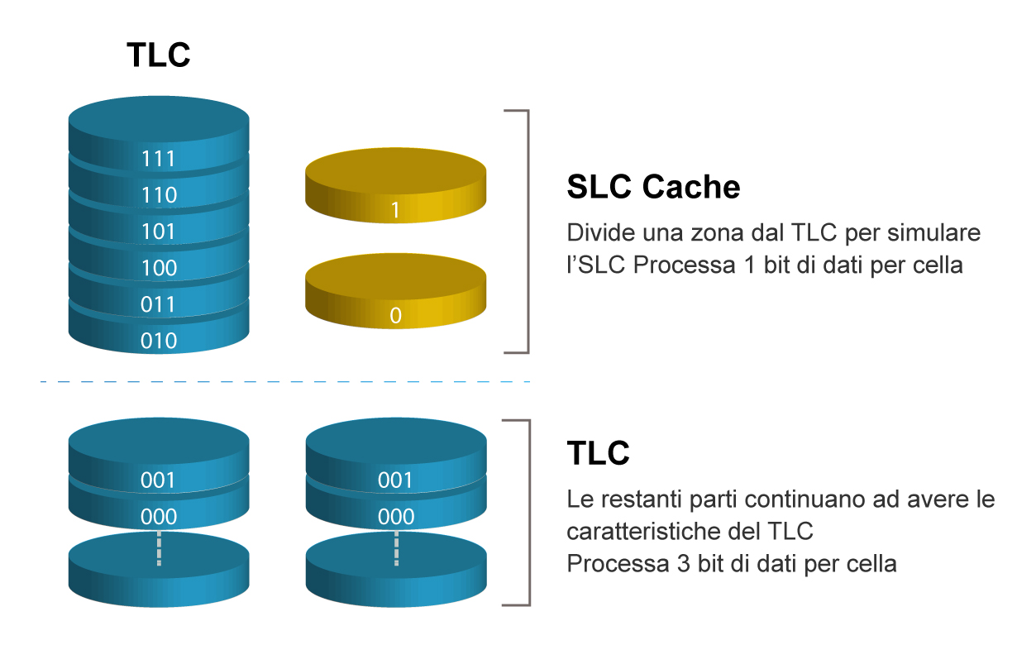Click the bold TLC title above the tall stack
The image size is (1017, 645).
(x=158, y=55)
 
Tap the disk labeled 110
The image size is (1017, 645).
(x=159, y=195)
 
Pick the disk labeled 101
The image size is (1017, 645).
(x=159, y=232)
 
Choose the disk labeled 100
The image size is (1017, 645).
(x=159, y=268)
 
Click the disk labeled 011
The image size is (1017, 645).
(x=159, y=304)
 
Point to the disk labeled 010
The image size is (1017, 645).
(x=159, y=340)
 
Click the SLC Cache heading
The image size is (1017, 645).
(x=653, y=188)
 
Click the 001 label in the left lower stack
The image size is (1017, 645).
(x=159, y=480)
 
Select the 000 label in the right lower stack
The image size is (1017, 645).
(x=395, y=517)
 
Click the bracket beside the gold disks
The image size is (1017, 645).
(x=526, y=232)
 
